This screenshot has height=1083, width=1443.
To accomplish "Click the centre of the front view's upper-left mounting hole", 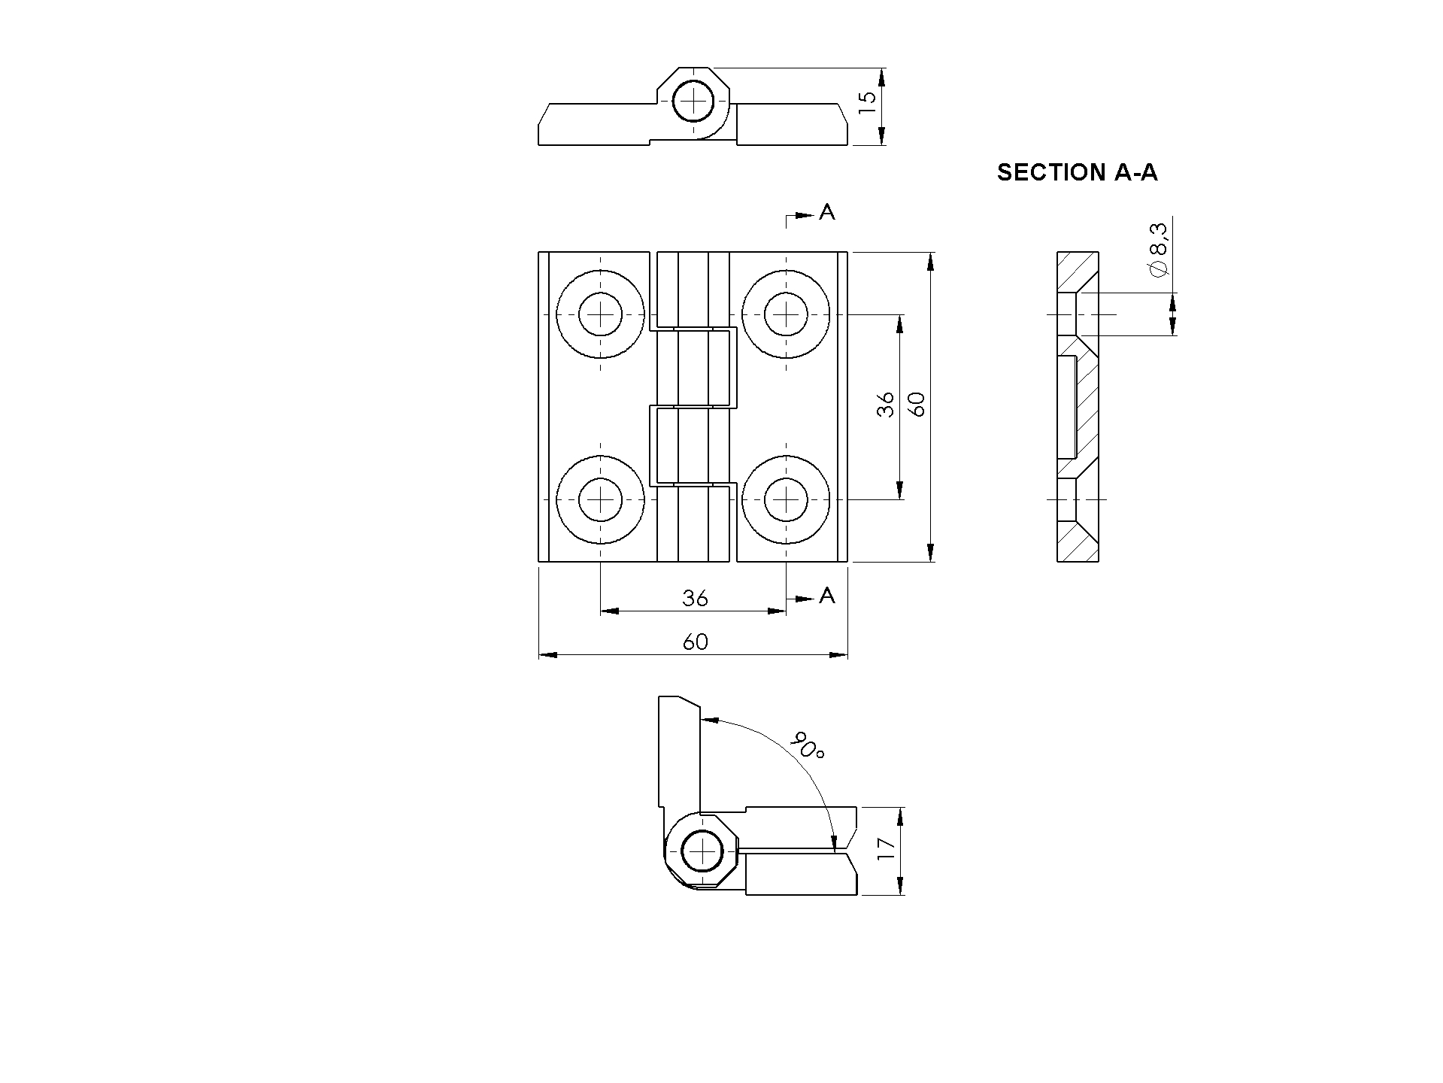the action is [x=601, y=314].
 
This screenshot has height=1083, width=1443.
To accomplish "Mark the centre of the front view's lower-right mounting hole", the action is [x=787, y=499].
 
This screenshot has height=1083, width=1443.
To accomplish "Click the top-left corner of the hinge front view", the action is [x=539, y=252].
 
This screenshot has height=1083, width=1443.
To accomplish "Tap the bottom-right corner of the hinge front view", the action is [x=847, y=561].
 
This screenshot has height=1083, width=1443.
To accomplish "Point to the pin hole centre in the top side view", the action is [x=693, y=100].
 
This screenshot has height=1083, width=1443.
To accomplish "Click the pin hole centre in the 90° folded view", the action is [x=702, y=851].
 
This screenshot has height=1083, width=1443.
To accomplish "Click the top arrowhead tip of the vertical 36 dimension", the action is [x=900, y=314].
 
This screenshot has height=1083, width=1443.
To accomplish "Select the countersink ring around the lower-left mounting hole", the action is [x=601, y=544].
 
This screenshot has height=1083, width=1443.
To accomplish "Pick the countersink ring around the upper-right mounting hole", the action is [x=787, y=269].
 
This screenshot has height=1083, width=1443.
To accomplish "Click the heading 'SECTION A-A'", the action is [x=1077, y=172].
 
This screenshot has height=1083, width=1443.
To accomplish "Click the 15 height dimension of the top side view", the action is [x=868, y=102].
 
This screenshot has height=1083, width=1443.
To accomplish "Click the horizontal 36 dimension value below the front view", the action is [x=696, y=598].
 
